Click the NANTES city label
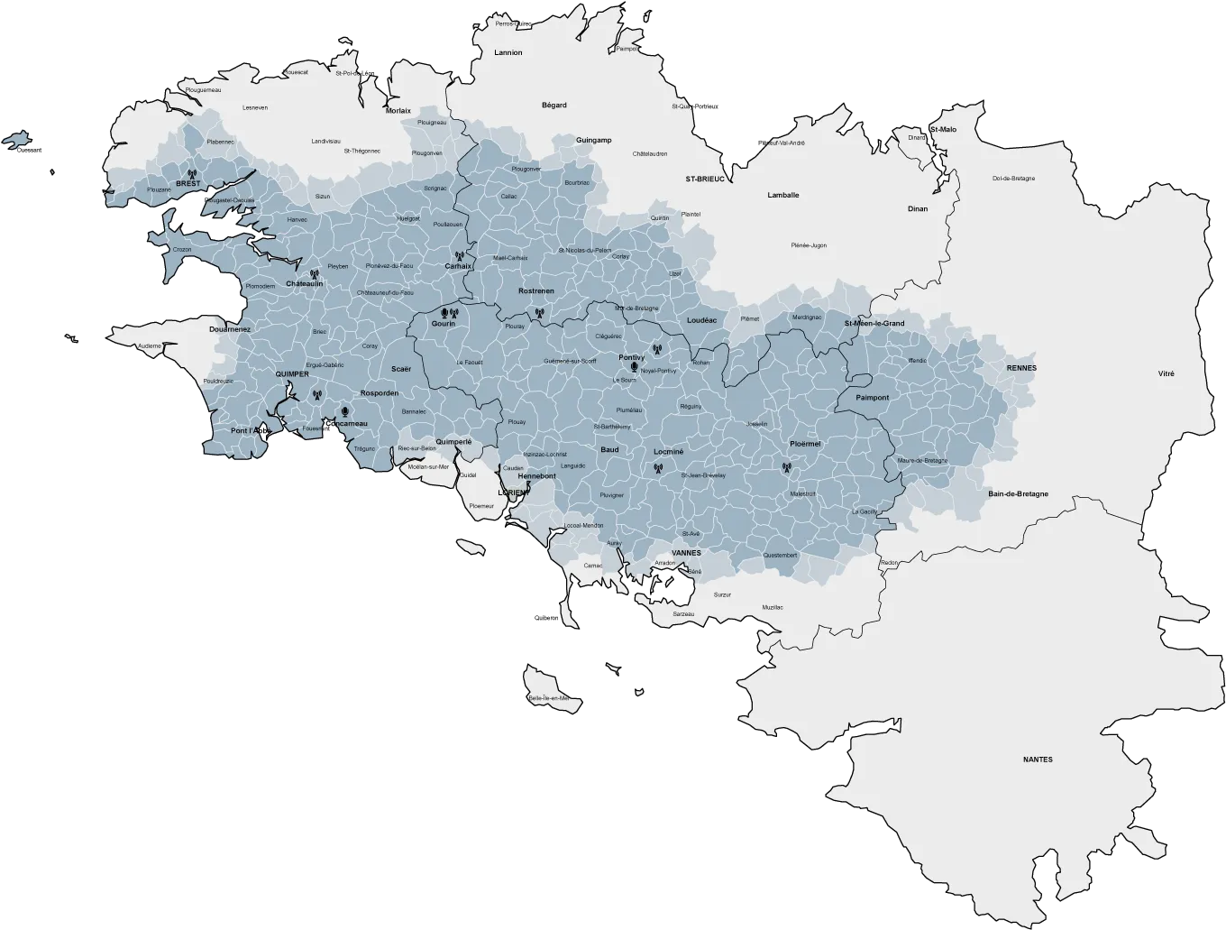point(1038,760)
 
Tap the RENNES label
point(1021,368)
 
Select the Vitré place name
point(1167,373)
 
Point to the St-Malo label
point(943,129)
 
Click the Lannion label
point(508,52)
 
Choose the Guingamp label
point(593,140)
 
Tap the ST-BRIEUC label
point(704,179)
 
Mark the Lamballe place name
point(782,195)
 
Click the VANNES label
point(686,552)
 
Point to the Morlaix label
point(398,110)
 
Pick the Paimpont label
point(873,398)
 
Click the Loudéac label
point(701,320)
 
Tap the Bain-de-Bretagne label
point(1018,493)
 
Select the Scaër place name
point(401,368)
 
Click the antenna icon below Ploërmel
point(786,468)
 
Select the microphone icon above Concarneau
point(345,412)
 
